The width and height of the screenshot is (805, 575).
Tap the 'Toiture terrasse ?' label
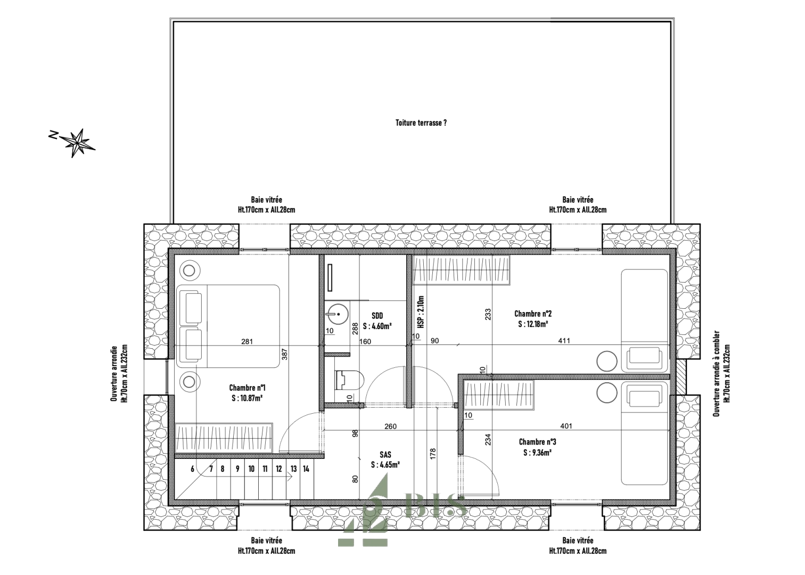pos(421,123)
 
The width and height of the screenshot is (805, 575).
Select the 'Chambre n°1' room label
pos(247,388)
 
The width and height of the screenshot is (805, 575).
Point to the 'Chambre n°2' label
pos(533,314)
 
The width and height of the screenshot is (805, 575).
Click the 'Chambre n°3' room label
pos(538,442)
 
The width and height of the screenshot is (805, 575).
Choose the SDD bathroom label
pos(377,316)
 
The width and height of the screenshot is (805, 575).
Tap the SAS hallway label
pos(385,455)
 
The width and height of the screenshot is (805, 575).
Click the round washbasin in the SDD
pos(337,314)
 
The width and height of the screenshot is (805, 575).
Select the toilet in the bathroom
pos(349,380)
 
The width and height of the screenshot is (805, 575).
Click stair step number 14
pos(306,469)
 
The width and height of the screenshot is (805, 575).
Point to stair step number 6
pos(193,469)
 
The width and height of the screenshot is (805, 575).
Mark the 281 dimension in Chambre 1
pos(247,341)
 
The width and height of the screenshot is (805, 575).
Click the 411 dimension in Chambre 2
pos(564,341)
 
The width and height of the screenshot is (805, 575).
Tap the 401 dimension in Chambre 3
pos(566,426)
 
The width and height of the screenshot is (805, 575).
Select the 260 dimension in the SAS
pos(391,426)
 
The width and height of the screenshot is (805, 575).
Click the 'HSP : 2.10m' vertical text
pos(421,312)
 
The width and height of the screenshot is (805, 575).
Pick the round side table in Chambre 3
pos(607,392)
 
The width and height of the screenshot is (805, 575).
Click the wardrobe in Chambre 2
pos(462,270)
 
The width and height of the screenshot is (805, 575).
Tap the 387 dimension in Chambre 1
pos(285,355)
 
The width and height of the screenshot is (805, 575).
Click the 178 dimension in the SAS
pos(433,454)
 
